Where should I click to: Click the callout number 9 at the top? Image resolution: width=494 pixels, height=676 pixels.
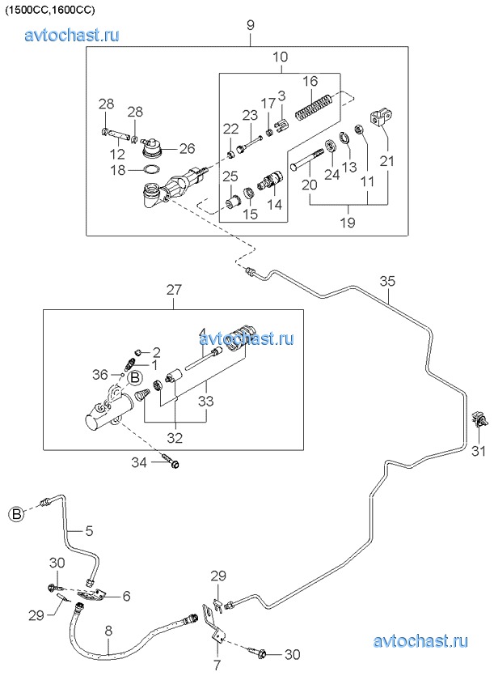(x=251, y=26)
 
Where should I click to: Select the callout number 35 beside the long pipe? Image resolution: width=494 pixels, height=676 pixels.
(x=388, y=282)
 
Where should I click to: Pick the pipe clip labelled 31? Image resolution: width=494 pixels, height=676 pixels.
(x=478, y=420)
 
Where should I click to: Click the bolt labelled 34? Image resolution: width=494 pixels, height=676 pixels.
(x=172, y=462)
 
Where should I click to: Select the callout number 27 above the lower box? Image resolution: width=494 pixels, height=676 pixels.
(x=175, y=289)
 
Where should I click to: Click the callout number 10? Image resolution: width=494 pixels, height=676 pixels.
(x=280, y=57)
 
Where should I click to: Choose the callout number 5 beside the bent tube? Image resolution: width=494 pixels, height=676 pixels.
(x=89, y=531)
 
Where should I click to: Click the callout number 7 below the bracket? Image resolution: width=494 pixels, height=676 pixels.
(x=216, y=666)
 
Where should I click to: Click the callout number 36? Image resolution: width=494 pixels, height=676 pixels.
(x=99, y=374)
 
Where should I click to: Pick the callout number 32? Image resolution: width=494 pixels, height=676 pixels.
(x=175, y=438)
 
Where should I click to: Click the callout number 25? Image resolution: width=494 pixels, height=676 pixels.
(x=230, y=176)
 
